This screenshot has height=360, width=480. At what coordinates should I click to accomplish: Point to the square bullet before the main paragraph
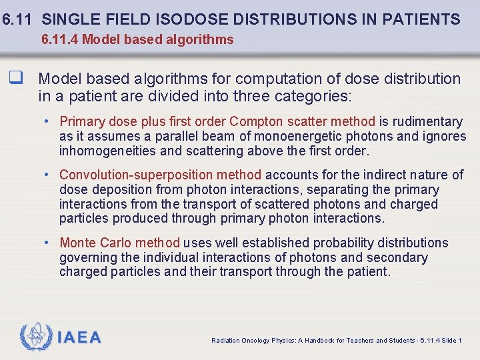tap(14, 79)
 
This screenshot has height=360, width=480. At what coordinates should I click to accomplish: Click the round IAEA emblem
tap(35, 337)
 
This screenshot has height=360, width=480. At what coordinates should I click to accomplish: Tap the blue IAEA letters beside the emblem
tap(79, 338)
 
